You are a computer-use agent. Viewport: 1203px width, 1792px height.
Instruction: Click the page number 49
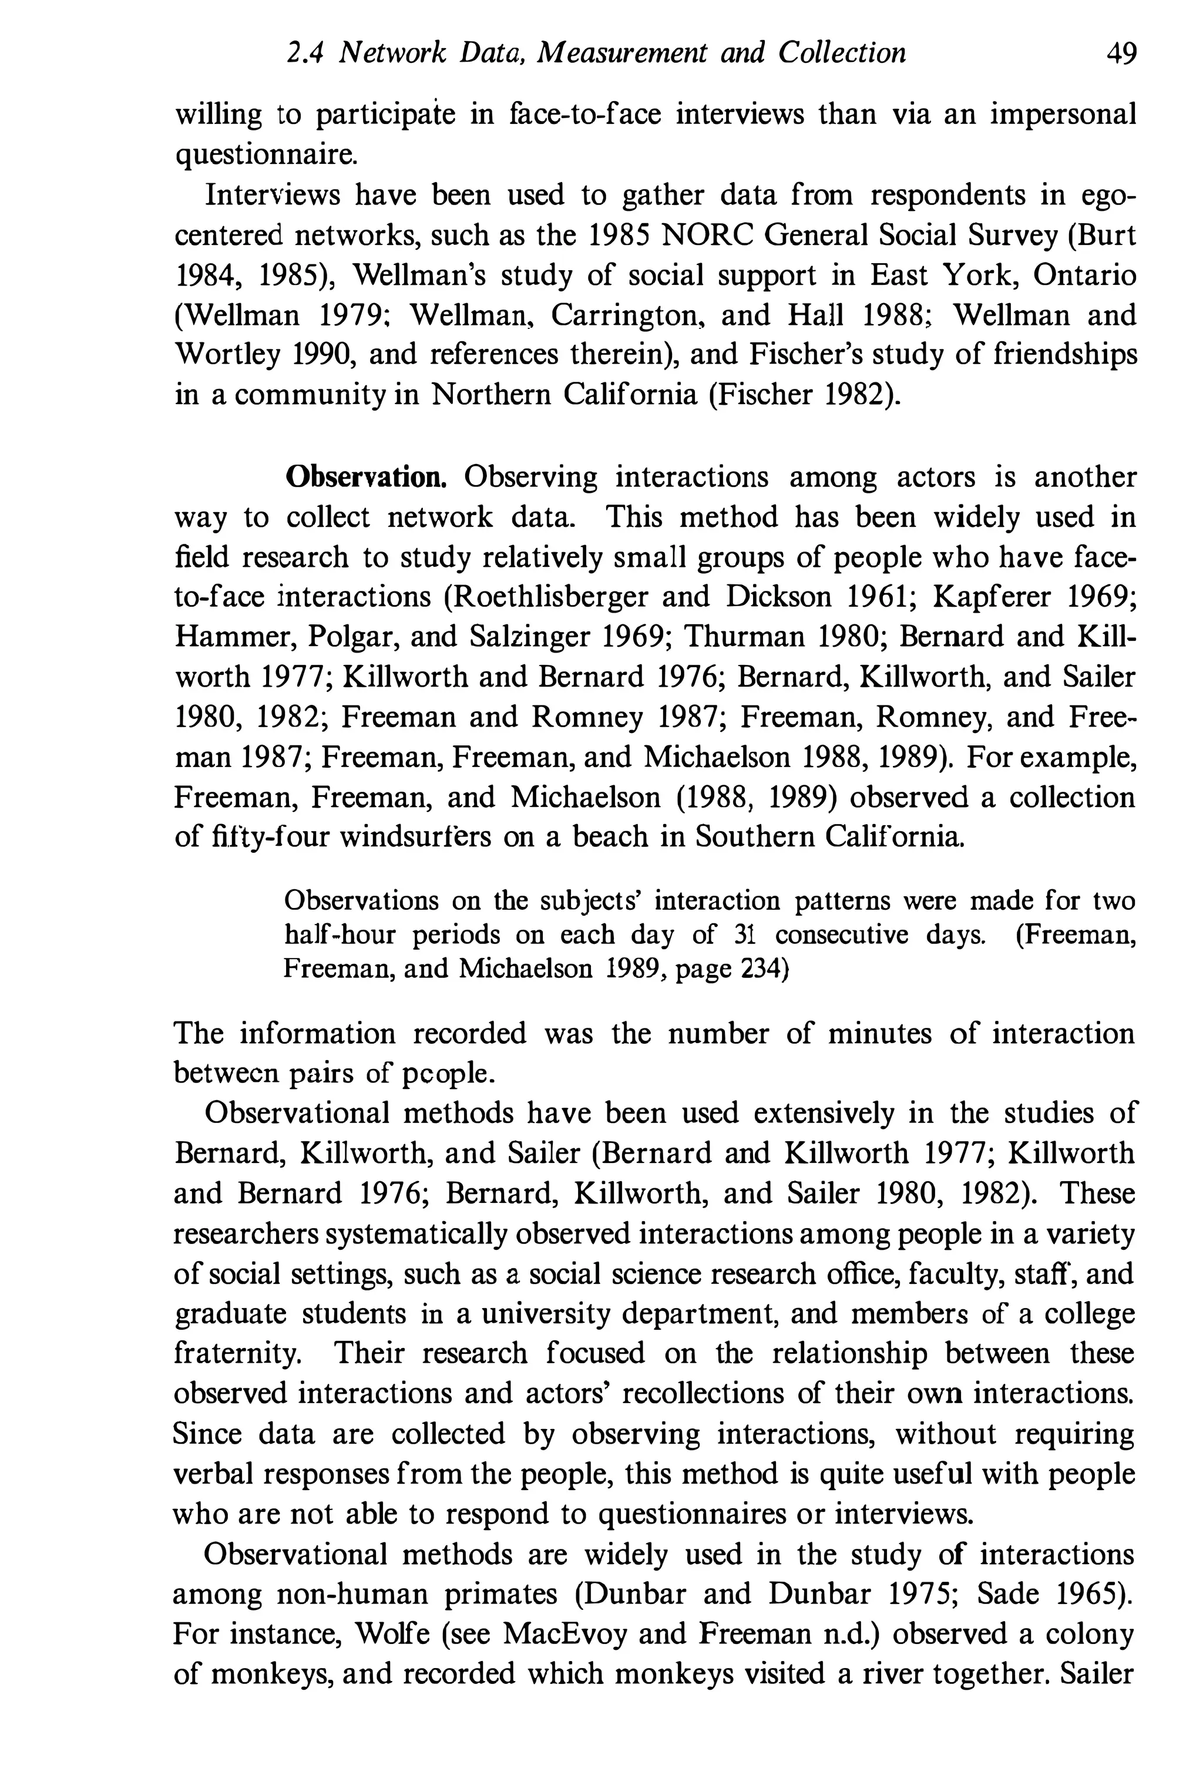click(x=1120, y=53)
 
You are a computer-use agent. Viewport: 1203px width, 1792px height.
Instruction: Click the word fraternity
click(x=235, y=1353)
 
